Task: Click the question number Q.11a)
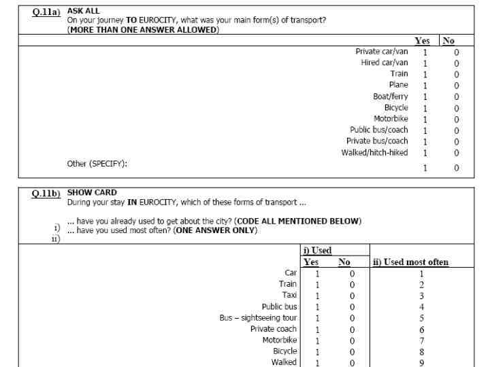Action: (x=48, y=12)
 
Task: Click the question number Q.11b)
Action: (x=48, y=193)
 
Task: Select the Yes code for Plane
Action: (x=425, y=86)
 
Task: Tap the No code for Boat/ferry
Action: (x=456, y=97)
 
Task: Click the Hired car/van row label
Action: (x=385, y=63)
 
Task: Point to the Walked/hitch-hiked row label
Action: (x=374, y=152)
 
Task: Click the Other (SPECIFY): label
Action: (x=97, y=164)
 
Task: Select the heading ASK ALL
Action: (x=84, y=11)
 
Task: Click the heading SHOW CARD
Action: (x=92, y=192)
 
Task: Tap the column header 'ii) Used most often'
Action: (x=410, y=262)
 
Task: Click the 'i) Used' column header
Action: (x=318, y=251)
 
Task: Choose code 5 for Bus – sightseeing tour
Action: (x=421, y=317)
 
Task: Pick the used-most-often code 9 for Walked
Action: (x=421, y=362)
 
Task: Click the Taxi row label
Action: (x=289, y=295)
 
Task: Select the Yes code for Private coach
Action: (x=316, y=329)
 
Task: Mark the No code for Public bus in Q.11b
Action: (x=353, y=307)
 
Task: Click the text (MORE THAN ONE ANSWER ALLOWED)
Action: (x=143, y=31)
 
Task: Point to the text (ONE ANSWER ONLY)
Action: (x=216, y=230)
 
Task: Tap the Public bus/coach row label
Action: (x=379, y=130)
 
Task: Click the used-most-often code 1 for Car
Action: (x=421, y=273)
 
